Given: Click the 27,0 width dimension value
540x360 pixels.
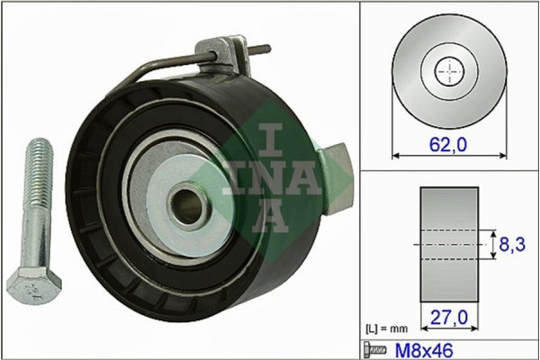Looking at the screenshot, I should click(x=450, y=317).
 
